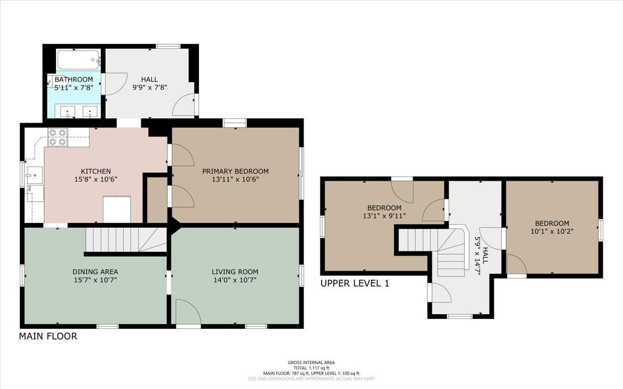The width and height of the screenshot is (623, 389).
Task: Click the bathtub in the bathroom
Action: click(x=79, y=60)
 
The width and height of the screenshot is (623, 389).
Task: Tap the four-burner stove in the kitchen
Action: click(x=58, y=137)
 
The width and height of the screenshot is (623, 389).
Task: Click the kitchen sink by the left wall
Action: click(x=34, y=175)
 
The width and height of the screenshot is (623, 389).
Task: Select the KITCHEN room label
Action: click(x=96, y=171)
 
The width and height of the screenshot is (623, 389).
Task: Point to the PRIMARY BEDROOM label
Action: click(x=235, y=171)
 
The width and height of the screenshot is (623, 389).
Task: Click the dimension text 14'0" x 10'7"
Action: click(x=235, y=280)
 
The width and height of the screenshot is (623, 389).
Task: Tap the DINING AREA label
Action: click(x=95, y=272)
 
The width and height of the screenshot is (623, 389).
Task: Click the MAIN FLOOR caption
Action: click(x=48, y=336)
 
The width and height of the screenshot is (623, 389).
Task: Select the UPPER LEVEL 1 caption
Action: click(x=355, y=283)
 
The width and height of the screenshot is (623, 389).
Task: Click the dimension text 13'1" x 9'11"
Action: click(x=384, y=216)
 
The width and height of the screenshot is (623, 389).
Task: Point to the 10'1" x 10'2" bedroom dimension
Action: click(x=552, y=231)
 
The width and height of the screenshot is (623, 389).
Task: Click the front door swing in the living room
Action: click(x=188, y=312)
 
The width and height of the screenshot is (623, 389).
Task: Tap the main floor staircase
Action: click(x=126, y=240)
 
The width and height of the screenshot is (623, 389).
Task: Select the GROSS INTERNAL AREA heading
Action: click(x=311, y=363)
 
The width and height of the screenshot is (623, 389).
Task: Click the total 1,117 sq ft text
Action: click(x=311, y=368)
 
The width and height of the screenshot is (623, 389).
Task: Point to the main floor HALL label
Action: click(x=150, y=79)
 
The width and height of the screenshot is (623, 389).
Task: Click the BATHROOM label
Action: click(x=74, y=79)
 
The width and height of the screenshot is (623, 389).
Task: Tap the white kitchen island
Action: click(x=117, y=209)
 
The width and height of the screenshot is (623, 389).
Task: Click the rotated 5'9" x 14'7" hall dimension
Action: click(x=478, y=256)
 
